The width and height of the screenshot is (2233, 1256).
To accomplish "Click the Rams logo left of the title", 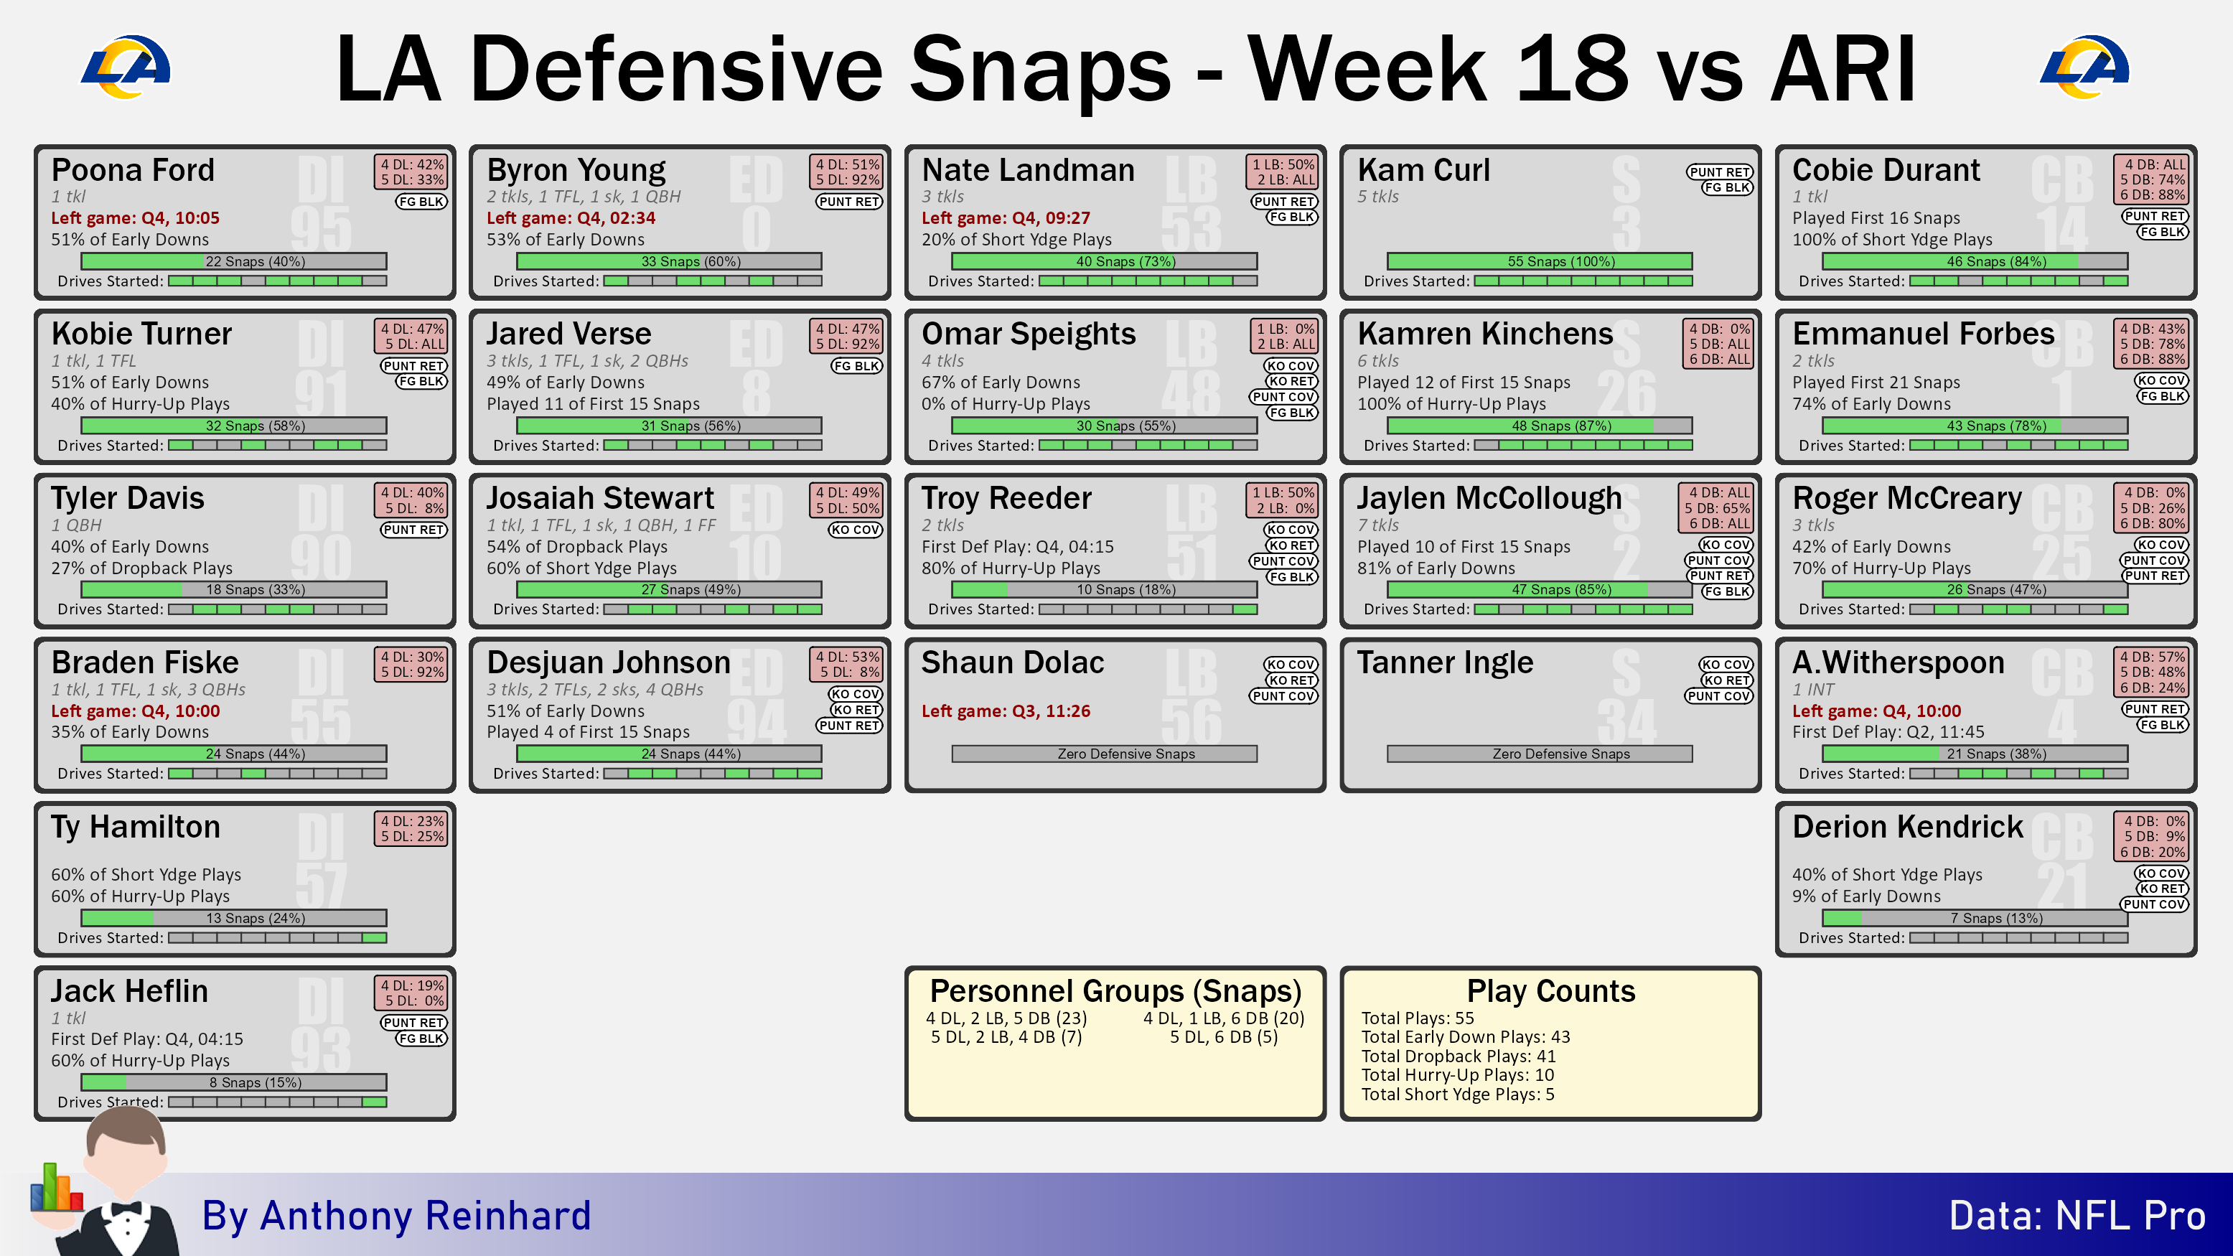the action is tap(126, 67).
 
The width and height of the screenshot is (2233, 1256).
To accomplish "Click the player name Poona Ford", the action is tap(133, 169).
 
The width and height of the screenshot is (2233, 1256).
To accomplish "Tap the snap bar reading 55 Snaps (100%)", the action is tap(1540, 261).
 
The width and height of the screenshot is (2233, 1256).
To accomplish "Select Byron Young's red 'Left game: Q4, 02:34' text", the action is tap(571, 217).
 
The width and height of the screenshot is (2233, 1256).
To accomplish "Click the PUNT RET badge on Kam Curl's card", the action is tap(1720, 172).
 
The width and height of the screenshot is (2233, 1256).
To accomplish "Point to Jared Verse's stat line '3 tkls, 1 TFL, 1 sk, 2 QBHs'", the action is tap(587, 360).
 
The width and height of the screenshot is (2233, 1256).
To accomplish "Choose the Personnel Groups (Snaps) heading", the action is tap(1115, 990).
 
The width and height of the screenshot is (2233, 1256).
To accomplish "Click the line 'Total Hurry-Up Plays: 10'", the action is tap(1457, 1075).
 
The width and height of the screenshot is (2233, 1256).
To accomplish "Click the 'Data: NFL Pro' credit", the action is tap(2077, 1215).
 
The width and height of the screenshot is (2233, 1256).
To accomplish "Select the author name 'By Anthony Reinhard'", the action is tap(396, 1215).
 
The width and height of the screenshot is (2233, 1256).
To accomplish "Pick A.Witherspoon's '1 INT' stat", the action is tap(1813, 689).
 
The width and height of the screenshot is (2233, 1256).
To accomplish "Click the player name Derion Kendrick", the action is tap(1907, 826).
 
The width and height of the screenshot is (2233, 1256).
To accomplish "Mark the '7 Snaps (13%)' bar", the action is tap(1975, 918).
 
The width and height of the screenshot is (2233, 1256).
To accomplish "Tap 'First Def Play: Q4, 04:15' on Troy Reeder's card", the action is tap(1018, 546).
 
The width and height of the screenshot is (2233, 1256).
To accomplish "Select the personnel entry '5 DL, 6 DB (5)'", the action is tap(1223, 1036).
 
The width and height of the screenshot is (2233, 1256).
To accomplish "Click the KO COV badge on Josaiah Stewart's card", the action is tap(855, 530).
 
